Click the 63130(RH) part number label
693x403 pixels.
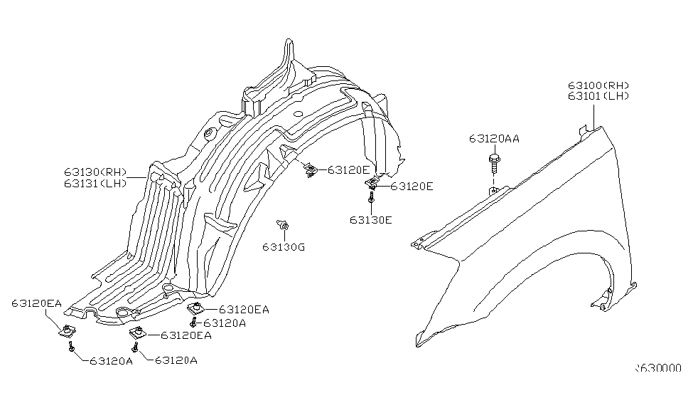(95, 172)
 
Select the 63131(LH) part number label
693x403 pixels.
(95, 182)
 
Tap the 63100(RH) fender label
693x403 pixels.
(598, 85)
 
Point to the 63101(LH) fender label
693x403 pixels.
(598, 96)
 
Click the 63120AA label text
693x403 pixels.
(493, 139)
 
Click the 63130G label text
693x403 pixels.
(283, 247)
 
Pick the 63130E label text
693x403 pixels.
(370, 219)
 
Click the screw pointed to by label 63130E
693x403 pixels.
(372, 201)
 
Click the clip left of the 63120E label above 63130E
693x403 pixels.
(372, 184)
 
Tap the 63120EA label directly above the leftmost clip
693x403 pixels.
(36, 304)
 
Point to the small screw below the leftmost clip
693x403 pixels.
(71, 347)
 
